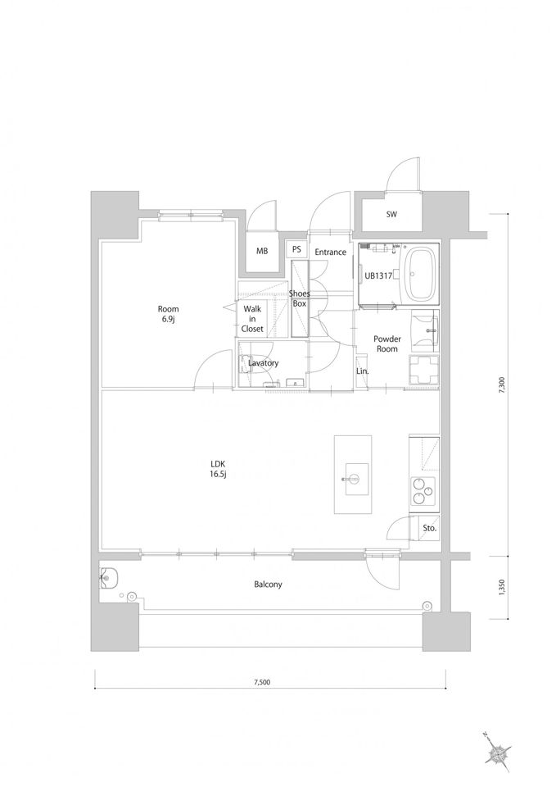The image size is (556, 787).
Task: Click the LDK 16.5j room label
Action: click(219, 469)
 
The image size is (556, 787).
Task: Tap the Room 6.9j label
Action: click(168, 314)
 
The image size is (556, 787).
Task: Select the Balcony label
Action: click(268, 585)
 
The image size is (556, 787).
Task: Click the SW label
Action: click(391, 214)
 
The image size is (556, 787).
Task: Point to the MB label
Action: click(262, 251)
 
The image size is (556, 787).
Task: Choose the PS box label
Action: click(296, 249)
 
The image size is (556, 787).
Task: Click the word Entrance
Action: click(330, 252)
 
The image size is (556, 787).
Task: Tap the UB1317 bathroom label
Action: click(378, 275)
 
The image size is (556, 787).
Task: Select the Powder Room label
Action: click(387, 343)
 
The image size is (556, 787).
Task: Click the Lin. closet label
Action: click(363, 371)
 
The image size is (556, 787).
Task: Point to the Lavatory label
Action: click(263, 363)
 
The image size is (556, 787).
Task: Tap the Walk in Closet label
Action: click(252, 319)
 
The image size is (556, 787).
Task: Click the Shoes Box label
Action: click(300, 298)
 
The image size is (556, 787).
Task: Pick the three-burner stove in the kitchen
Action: click(423, 490)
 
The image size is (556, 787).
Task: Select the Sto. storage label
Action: click(429, 529)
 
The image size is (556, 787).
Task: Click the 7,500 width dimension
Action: click(262, 682)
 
